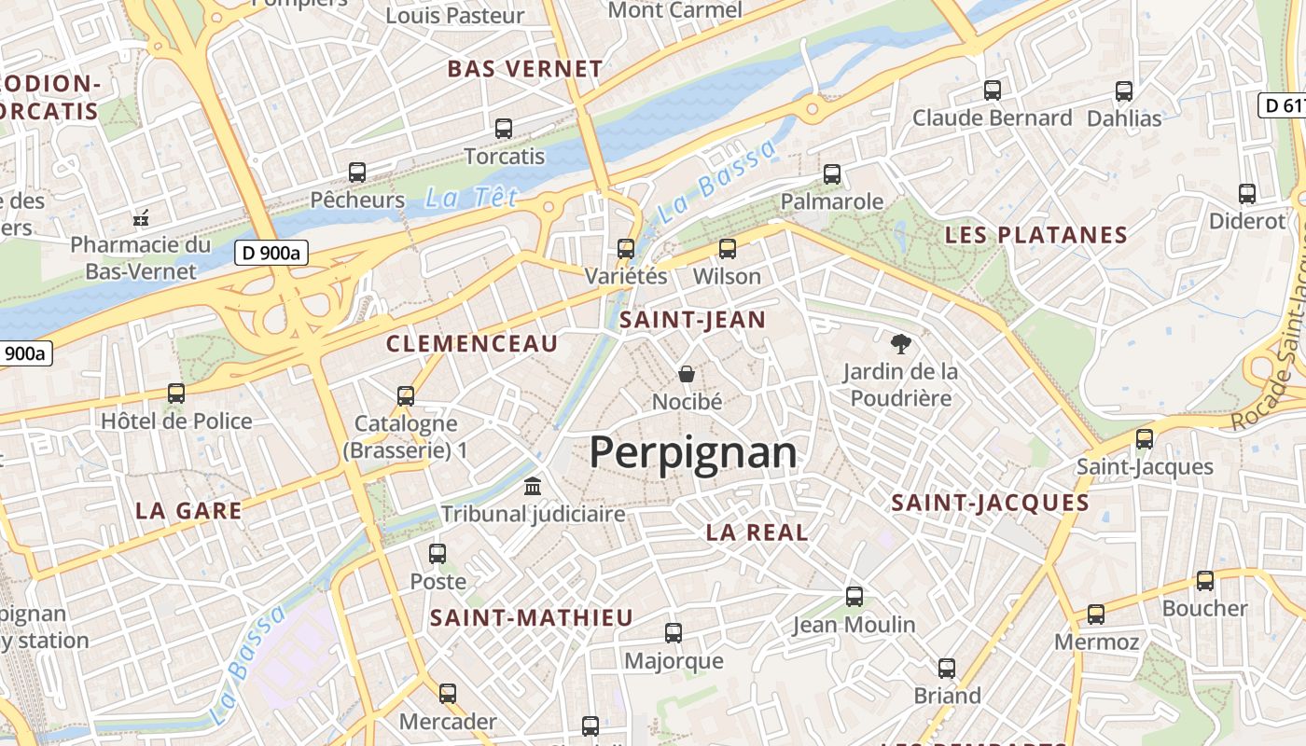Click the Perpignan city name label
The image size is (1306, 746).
[x=693, y=453]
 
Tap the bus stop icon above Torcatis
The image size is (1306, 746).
[x=504, y=129]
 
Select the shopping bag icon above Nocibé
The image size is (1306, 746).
[x=687, y=374]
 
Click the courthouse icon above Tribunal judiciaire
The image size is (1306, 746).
[x=533, y=486]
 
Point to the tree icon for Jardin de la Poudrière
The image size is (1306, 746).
[x=900, y=344]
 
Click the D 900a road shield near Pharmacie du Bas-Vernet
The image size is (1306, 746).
[x=271, y=252]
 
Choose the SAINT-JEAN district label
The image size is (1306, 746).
[x=692, y=321]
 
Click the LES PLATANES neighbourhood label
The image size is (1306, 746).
[x=1036, y=235]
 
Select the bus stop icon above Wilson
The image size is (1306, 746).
[x=727, y=249]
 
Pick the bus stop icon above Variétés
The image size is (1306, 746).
[x=626, y=249]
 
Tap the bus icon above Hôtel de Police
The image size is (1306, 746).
[x=176, y=394]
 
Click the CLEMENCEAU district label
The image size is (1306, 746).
[x=472, y=344]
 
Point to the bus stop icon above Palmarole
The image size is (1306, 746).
[x=832, y=174]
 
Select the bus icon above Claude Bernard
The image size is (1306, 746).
[x=993, y=90]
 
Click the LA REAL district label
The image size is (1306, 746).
[x=757, y=532]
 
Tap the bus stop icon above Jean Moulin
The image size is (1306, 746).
[x=854, y=597]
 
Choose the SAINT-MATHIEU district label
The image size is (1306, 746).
[x=531, y=617]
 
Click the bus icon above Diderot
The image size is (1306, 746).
[x=1247, y=194]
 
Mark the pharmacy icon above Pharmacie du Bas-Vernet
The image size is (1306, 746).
[x=141, y=218]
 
